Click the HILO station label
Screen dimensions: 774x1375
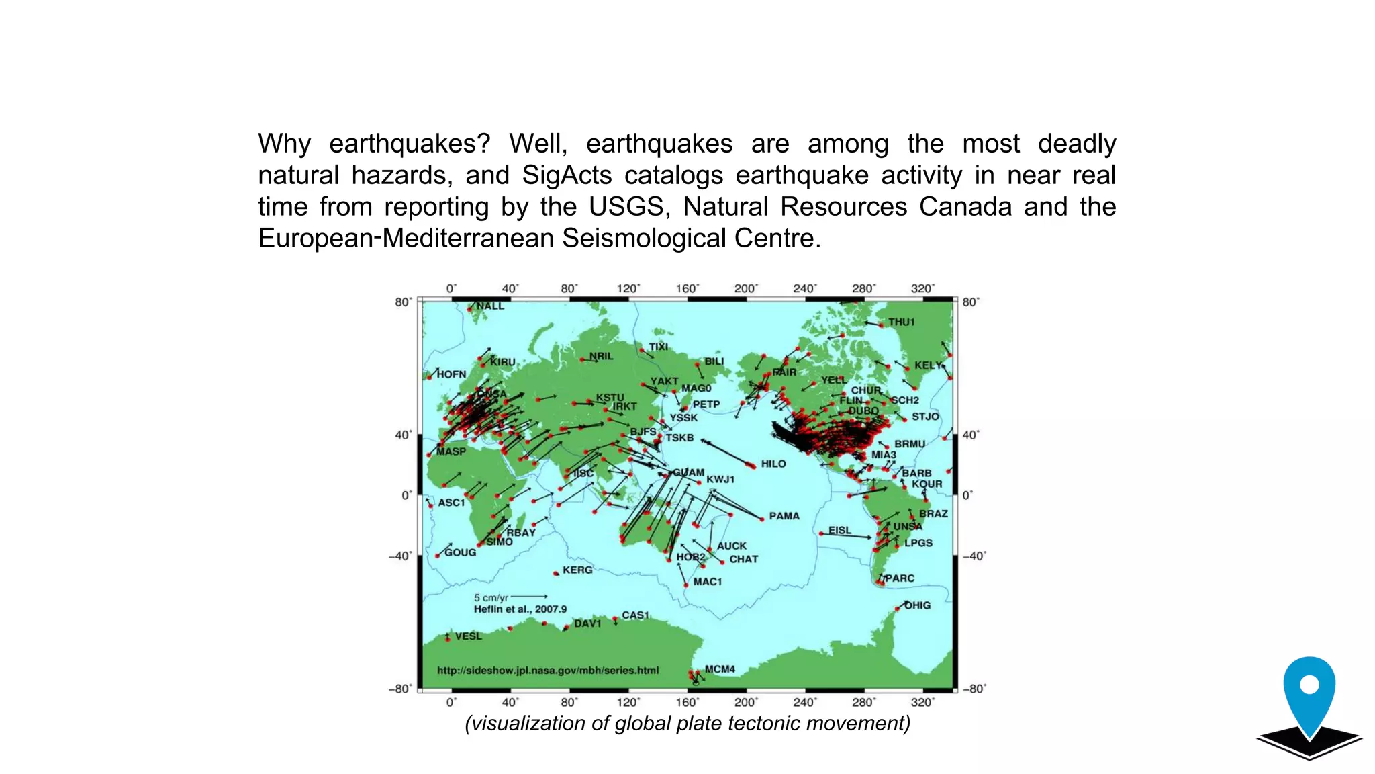(773, 464)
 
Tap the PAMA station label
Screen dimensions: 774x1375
(784, 516)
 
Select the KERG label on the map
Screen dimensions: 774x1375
(577, 570)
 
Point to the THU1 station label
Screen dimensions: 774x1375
(901, 322)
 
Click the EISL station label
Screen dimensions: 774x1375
(839, 530)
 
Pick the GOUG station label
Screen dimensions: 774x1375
(460, 552)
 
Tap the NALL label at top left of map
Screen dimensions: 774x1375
(490, 306)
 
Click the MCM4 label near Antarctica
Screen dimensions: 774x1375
(720, 669)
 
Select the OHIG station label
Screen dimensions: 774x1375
(917, 605)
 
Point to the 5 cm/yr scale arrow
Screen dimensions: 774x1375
(529, 597)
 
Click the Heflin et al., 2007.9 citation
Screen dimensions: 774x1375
(520, 609)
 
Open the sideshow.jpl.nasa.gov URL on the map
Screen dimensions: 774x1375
(548, 671)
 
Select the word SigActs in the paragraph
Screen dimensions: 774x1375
(567, 175)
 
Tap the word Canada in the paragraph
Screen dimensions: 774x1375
(965, 206)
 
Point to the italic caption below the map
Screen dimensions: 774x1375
(687, 723)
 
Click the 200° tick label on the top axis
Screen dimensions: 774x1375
(746, 288)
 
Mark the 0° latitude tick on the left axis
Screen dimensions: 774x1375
(407, 495)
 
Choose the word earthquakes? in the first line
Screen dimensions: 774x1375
(410, 144)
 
